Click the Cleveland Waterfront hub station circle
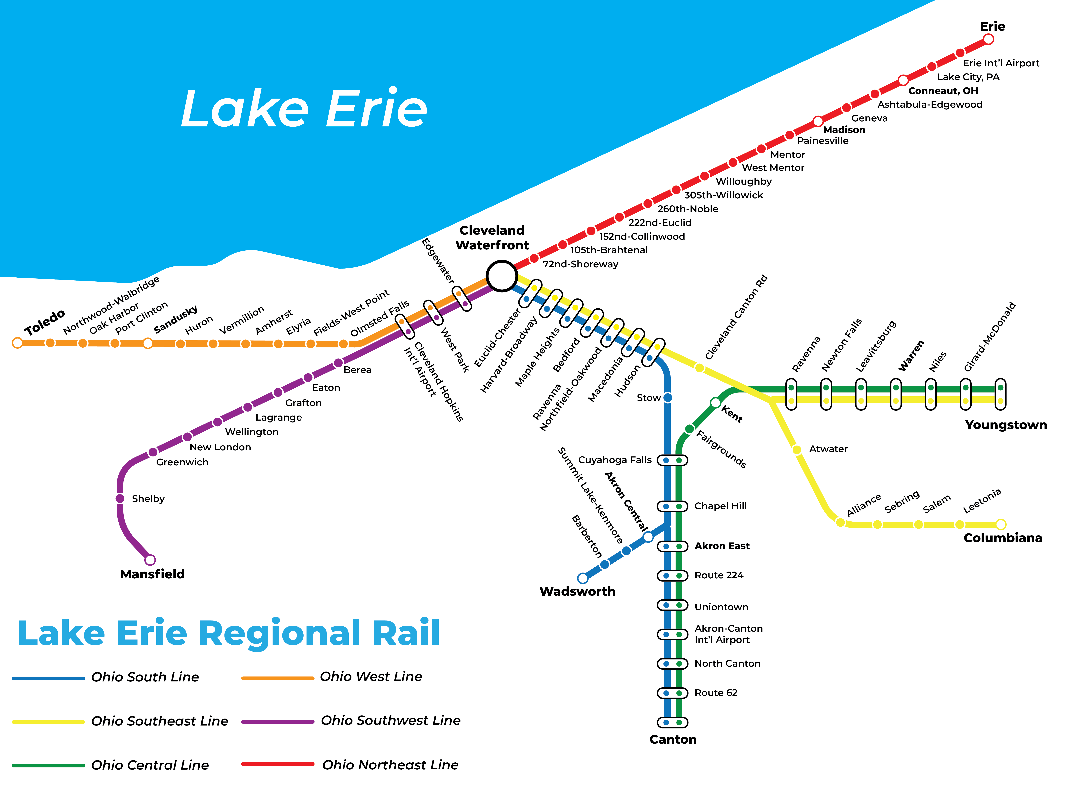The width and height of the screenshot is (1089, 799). click(x=501, y=276)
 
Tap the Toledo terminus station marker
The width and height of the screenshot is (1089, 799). click(x=17, y=343)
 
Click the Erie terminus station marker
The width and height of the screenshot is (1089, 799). click(x=988, y=39)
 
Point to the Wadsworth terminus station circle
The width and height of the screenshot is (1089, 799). click(x=583, y=578)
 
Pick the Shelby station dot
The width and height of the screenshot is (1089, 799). click(x=120, y=498)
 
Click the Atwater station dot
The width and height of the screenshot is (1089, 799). click(x=797, y=450)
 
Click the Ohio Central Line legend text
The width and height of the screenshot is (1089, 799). click(x=150, y=765)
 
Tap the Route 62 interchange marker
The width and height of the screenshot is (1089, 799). click(x=672, y=693)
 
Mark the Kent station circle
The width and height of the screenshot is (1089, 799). click(x=715, y=402)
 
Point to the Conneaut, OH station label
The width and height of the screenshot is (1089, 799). click(x=943, y=91)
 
